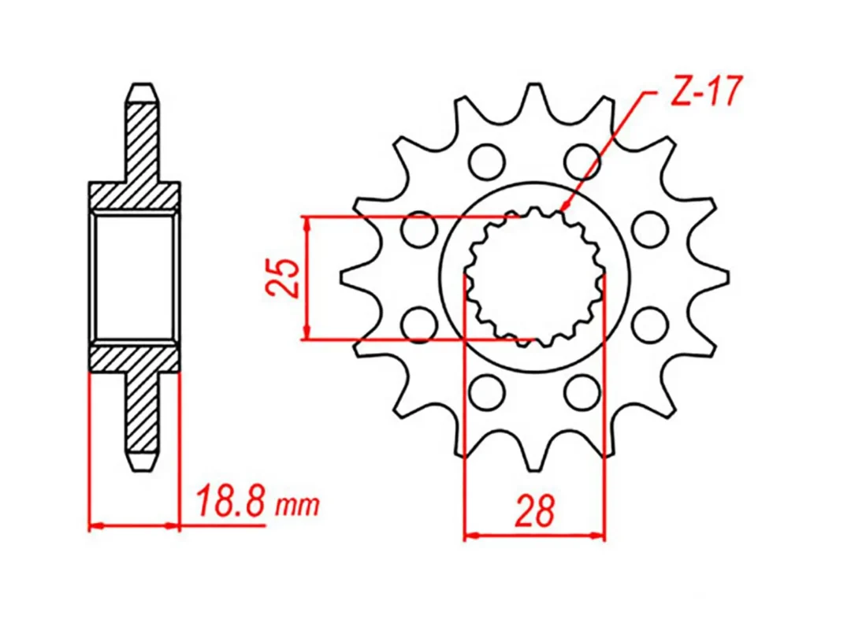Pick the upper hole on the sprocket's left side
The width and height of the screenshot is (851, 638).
pyautogui.click(x=418, y=229)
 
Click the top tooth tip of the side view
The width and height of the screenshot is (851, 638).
pyautogui.click(x=143, y=89)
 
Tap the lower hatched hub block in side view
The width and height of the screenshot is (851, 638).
pyautogui.click(x=134, y=358)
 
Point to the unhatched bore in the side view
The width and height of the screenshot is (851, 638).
pyautogui.click(x=134, y=276)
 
